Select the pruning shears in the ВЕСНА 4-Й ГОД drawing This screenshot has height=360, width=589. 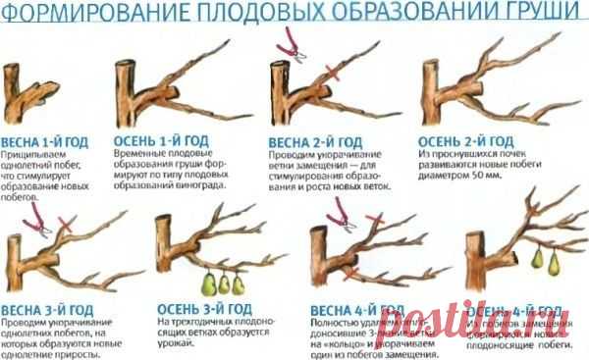coord(344,210)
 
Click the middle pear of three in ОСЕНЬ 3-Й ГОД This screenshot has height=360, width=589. coord(224,283)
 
